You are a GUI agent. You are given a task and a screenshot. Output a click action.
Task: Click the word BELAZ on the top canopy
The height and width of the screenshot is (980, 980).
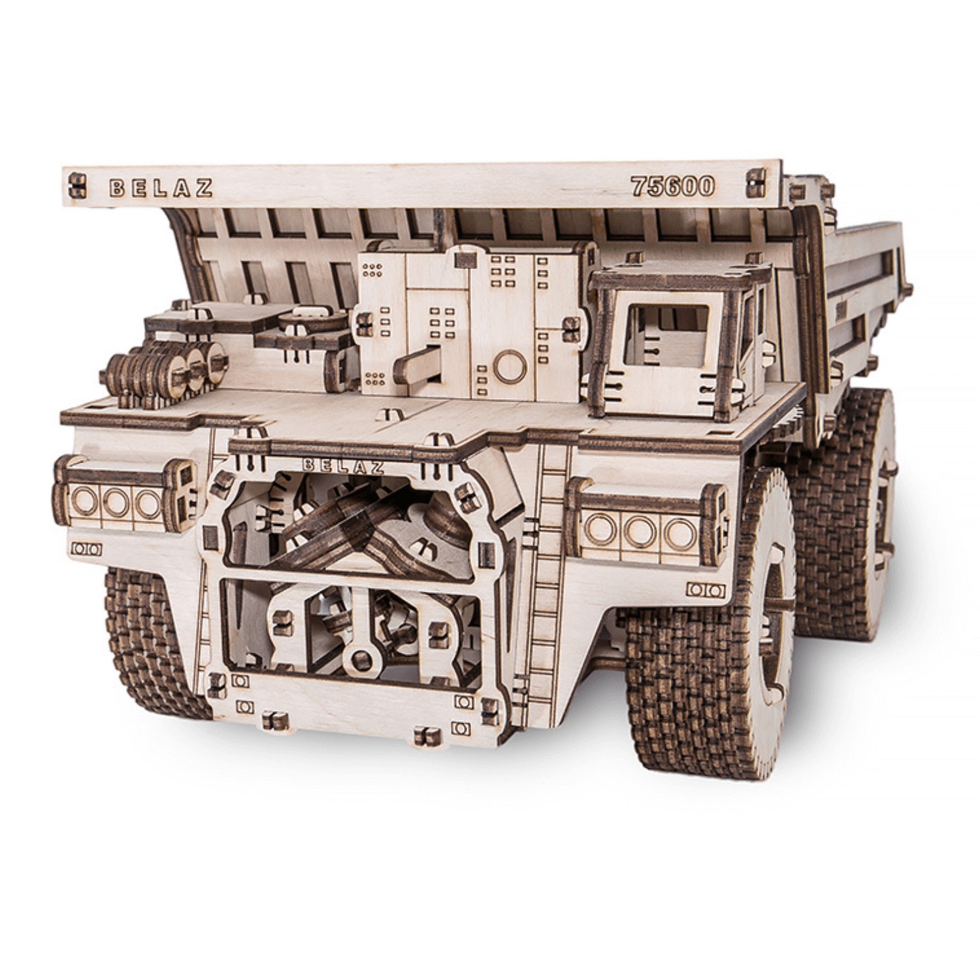[x=160, y=188]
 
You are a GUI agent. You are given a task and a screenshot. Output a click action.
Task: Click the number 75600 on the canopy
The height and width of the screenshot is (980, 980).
[x=673, y=186]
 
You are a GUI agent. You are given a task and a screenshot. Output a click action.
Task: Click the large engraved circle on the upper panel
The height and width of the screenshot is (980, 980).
[x=510, y=367]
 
